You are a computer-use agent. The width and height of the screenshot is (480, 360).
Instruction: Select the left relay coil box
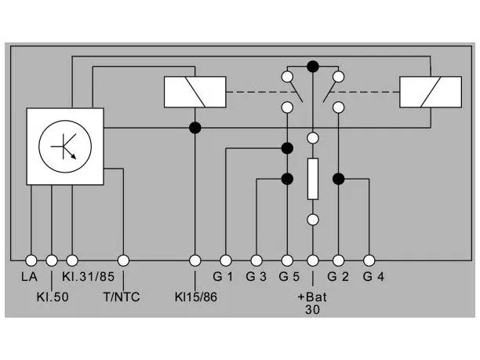pos(195,92)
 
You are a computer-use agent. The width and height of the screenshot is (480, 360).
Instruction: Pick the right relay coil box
pos(431,92)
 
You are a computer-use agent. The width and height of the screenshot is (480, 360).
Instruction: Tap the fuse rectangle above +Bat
pos(313,179)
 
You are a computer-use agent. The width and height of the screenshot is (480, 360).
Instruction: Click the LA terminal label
pos(29,277)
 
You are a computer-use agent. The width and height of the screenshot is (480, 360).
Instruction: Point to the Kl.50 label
pos(53,297)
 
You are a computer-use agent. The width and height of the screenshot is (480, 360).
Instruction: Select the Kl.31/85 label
pos(88,277)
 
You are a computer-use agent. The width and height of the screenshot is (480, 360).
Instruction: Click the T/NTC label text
pos(122,297)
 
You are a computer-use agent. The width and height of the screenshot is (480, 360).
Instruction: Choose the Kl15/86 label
pos(196,297)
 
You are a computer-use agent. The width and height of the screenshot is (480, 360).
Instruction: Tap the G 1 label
pos(223,277)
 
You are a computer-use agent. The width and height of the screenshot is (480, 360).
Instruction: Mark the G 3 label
pos(256,277)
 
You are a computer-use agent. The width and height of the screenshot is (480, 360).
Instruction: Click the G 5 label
pos(289,277)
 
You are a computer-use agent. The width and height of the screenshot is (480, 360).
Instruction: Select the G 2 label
pos(338,277)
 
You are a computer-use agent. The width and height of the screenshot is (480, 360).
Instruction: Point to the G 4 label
pos(373,277)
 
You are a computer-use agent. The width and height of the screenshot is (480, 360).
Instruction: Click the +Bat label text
pos(312,297)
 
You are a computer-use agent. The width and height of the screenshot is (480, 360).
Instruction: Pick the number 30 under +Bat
pos(312,310)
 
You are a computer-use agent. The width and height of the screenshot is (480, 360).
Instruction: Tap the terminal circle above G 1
pos(226,260)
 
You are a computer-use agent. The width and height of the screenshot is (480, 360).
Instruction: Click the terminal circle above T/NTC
pos(123,260)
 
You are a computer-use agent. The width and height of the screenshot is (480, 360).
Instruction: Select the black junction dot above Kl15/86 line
pos(195,128)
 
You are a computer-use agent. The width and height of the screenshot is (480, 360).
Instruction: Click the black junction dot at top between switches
pos(313,67)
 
